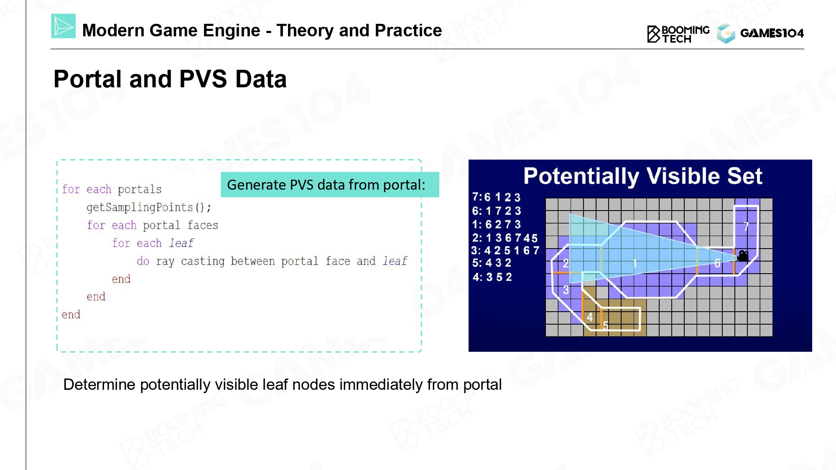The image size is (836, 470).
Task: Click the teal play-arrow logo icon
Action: [63, 26]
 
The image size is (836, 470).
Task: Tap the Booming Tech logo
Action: [678, 34]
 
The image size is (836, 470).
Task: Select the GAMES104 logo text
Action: [772, 33]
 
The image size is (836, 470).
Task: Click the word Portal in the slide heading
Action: [89, 79]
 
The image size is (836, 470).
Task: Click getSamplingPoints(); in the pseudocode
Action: [149, 207]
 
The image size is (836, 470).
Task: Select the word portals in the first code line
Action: [140, 190]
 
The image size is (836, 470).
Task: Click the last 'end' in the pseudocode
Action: [71, 315]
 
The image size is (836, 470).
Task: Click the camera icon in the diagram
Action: [742, 256]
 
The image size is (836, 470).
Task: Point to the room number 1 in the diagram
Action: [635, 263]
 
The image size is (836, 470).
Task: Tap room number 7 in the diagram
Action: [746, 227]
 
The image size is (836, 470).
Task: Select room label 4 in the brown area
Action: [589, 317]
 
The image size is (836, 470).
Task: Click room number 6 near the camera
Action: [717, 263]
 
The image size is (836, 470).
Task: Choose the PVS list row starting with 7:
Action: [496, 197]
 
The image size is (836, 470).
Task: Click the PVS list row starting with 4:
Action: [492, 277]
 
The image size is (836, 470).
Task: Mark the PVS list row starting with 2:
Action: [505, 238]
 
